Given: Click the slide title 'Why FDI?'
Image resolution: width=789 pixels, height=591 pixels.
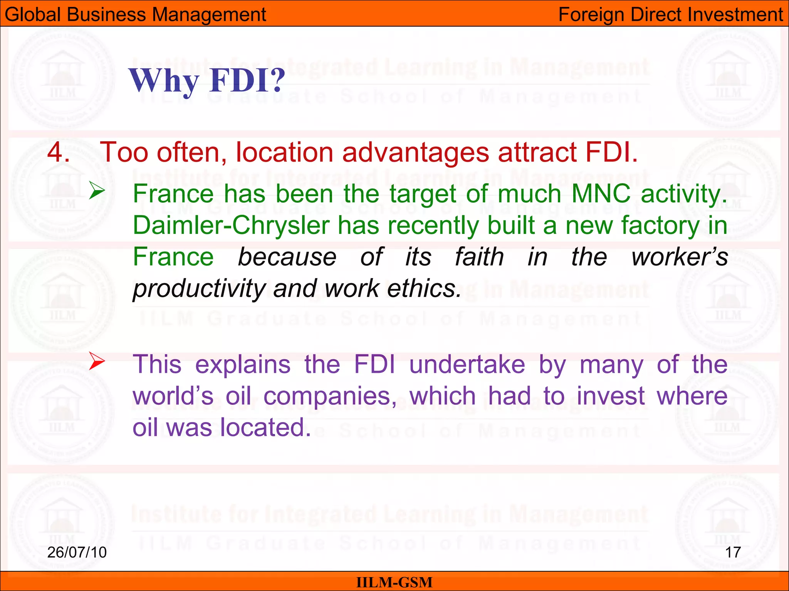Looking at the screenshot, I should click(x=207, y=81).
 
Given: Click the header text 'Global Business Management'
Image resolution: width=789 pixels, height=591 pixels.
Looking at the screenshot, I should click(x=135, y=15).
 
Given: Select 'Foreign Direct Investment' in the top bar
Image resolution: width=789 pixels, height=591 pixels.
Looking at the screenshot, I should click(x=671, y=15).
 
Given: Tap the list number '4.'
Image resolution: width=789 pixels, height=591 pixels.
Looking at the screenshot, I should click(x=59, y=152).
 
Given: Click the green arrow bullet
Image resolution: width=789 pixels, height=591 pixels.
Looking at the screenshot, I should click(x=97, y=190).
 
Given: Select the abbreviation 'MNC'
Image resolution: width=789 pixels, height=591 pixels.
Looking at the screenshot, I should click(x=601, y=194).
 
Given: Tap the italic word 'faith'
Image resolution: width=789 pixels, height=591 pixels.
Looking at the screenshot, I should click(x=479, y=257).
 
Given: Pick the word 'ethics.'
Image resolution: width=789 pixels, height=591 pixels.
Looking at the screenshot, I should click(x=424, y=289).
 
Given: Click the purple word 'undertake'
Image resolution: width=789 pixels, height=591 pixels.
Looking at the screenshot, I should click(x=467, y=364).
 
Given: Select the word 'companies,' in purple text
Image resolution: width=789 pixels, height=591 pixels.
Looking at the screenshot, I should click(x=330, y=396).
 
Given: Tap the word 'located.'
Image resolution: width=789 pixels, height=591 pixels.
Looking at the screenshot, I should click(x=265, y=428).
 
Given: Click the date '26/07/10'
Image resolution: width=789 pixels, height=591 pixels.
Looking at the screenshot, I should click(x=77, y=553).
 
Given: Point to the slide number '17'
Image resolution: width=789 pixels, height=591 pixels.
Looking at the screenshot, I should click(x=733, y=553).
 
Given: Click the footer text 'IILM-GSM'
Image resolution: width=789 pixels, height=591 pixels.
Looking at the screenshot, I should click(x=394, y=583).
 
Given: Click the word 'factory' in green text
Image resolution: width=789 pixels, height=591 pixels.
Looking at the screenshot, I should click(x=660, y=225).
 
